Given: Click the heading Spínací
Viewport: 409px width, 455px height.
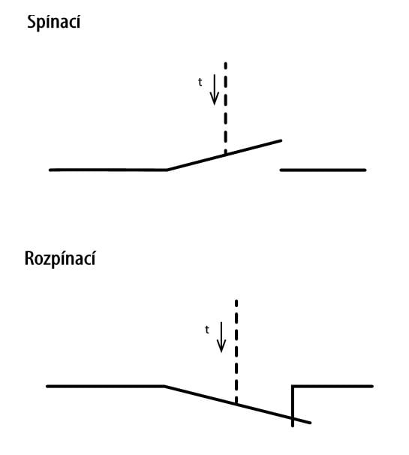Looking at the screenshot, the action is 54,22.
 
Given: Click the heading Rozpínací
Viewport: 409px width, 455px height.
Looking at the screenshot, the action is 60,258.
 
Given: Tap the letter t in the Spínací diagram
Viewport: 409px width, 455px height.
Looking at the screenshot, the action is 200,82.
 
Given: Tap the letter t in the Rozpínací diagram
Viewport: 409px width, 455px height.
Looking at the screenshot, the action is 207,330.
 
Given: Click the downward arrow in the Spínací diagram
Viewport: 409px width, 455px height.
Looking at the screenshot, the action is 215,89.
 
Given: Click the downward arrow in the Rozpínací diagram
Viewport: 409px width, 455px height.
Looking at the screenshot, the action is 221,337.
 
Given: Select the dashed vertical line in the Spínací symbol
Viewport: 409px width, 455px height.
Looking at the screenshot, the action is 226,107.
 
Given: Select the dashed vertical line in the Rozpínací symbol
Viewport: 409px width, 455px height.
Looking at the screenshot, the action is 236,351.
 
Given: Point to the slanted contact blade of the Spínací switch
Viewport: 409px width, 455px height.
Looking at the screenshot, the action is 224,155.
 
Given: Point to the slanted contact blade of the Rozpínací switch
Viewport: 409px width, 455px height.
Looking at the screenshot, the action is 237,404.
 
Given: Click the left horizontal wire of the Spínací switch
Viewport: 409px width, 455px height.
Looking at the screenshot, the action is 108,170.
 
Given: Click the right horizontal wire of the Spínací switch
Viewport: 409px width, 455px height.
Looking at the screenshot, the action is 323,170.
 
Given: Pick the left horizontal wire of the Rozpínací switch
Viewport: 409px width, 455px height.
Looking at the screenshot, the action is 105,386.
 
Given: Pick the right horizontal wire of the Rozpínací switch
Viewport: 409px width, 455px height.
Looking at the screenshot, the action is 332,386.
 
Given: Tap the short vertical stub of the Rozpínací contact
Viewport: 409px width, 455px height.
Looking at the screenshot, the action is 293,406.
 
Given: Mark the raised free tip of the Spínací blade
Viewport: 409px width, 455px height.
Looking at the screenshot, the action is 281,140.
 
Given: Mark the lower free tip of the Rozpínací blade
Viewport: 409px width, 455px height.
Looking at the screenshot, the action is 310,423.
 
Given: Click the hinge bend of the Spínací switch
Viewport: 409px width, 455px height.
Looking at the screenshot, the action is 167,170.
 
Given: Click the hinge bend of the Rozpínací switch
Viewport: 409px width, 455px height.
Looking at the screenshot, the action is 164,386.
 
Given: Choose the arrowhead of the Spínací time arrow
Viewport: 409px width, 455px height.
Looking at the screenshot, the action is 215,100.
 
